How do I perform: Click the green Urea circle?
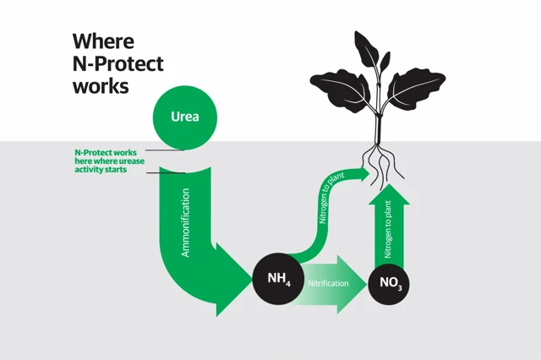pyautogui.click(x=185, y=117)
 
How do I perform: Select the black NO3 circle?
pyautogui.click(x=391, y=283)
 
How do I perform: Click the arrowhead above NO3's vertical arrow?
pyautogui.click(x=389, y=193)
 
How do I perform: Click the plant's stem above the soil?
pyautogui.click(x=380, y=127)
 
